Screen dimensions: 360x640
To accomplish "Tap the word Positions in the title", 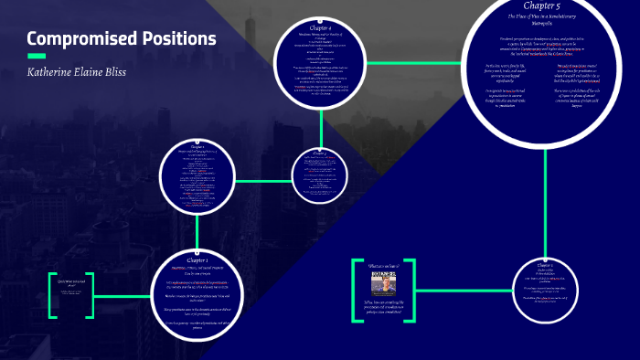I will click(176, 39).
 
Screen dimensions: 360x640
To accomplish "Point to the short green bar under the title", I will click(37, 56).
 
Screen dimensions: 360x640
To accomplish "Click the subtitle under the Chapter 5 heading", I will click(545, 19).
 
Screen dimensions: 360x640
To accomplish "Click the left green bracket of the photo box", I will click(355, 290).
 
